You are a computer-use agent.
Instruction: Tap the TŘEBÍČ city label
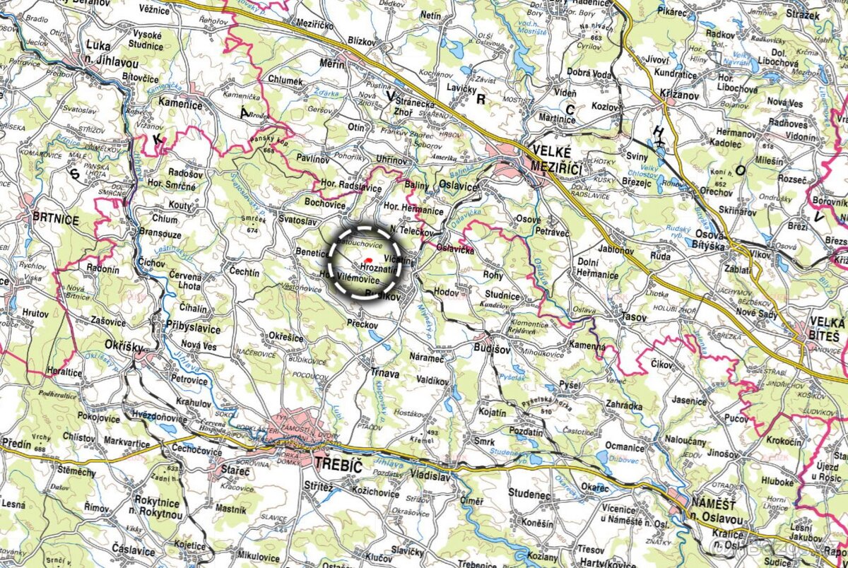point(336,466)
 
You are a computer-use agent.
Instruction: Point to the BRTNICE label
point(55,219)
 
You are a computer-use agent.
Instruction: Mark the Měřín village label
point(332,64)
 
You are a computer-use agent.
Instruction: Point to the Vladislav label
point(429,476)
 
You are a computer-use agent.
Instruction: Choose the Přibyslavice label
point(192,329)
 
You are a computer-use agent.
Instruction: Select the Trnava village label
point(386,374)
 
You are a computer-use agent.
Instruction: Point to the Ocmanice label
point(625,447)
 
